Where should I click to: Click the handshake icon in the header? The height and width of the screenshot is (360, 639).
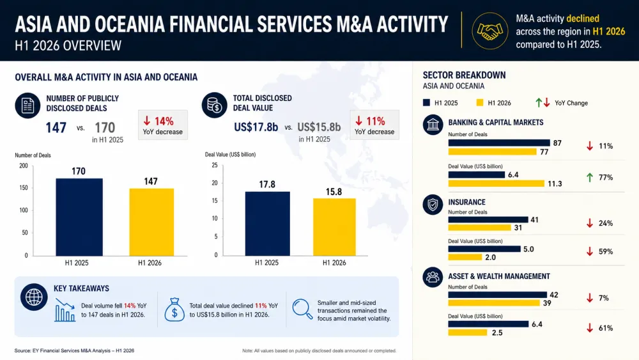(x=490, y=31)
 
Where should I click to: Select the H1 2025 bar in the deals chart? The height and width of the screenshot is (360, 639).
(x=79, y=217)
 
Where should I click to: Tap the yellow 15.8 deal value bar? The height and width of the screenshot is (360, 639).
(x=334, y=227)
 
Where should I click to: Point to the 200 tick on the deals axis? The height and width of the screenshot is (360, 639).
(x=24, y=166)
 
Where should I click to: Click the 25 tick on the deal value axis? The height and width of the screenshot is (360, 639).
(x=215, y=165)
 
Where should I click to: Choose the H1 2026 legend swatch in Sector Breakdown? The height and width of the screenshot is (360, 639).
(x=480, y=103)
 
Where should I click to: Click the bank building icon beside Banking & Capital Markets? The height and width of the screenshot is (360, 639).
(x=433, y=124)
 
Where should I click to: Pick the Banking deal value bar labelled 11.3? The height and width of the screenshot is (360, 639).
(x=496, y=184)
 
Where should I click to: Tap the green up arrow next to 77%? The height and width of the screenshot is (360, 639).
(x=589, y=177)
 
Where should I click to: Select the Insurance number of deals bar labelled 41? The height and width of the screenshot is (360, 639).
(x=488, y=220)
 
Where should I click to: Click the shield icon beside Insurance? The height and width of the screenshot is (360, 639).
(x=433, y=204)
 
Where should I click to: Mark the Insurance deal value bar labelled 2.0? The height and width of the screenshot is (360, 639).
(x=465, y=257)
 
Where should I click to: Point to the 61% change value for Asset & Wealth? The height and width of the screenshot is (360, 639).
(x=606, y=328)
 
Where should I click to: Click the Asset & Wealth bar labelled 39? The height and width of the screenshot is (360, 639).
(x=494, y=303)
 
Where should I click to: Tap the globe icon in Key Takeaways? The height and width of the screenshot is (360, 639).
(x=34, y=297)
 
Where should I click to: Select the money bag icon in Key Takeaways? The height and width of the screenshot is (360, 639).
(x=174, y=309)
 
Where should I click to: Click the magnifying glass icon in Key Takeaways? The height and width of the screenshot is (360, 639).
(x=302, y=309)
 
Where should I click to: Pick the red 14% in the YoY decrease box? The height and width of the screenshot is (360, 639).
(x=164, y=121)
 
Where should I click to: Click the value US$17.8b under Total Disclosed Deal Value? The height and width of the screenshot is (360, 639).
(x=256, y=127)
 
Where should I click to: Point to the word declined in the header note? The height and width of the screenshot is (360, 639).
(x=583, y=19)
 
